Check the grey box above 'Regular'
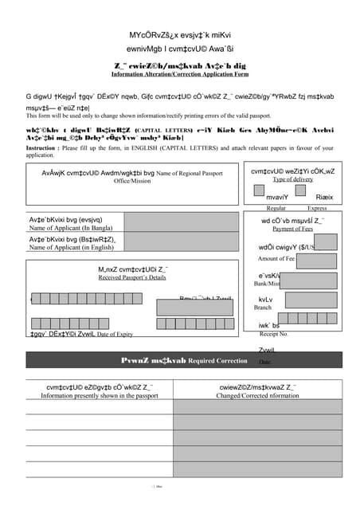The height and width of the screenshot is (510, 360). [x=259, y=191]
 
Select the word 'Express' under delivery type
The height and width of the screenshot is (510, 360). [x=317, y=207]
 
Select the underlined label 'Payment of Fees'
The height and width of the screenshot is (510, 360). [x=292, y=229]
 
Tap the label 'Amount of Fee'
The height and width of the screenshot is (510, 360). [x=276, y=258]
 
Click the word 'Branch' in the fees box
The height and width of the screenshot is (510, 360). [x=263, y=307]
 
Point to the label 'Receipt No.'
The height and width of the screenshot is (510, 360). [x=273, y=334]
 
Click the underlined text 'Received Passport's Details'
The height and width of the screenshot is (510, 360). [x=132, y=277]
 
